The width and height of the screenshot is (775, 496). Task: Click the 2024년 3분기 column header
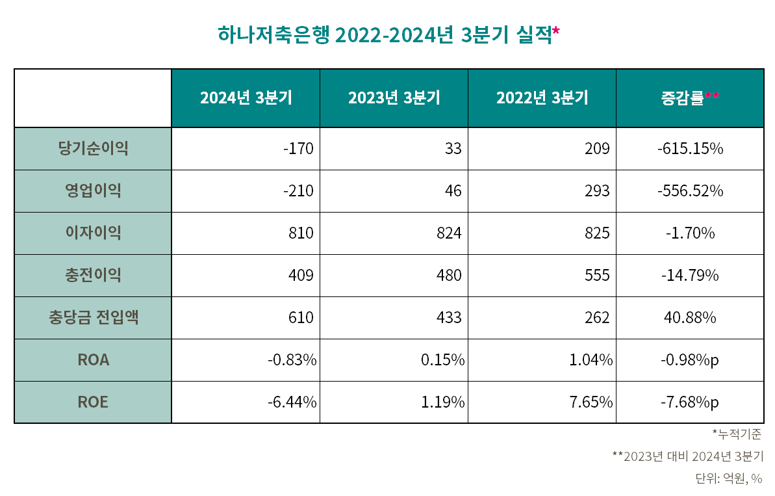246,98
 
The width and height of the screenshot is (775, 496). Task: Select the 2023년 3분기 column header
394,98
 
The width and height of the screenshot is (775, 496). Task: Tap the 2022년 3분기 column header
542,98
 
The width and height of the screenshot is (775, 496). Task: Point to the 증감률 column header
689,98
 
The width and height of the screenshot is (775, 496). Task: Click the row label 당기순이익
93,149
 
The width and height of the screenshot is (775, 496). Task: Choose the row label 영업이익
93,191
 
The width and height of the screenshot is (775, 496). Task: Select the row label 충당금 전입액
93,318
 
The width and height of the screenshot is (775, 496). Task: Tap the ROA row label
93,360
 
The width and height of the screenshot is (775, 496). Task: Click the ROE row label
93,402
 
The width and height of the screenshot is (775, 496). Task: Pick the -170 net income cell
298,149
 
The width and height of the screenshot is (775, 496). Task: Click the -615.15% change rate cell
690,149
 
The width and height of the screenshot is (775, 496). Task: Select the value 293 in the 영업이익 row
597,191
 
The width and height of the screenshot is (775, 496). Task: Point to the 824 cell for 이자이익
449,233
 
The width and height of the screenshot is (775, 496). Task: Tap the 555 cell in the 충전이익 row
597,276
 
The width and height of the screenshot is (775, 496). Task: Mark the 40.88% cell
690,318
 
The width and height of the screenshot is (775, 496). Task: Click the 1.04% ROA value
591,360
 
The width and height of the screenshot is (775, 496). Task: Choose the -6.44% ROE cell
292,402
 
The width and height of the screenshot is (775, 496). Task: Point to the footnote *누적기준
737,434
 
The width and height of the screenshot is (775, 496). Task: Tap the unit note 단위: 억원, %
729,479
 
